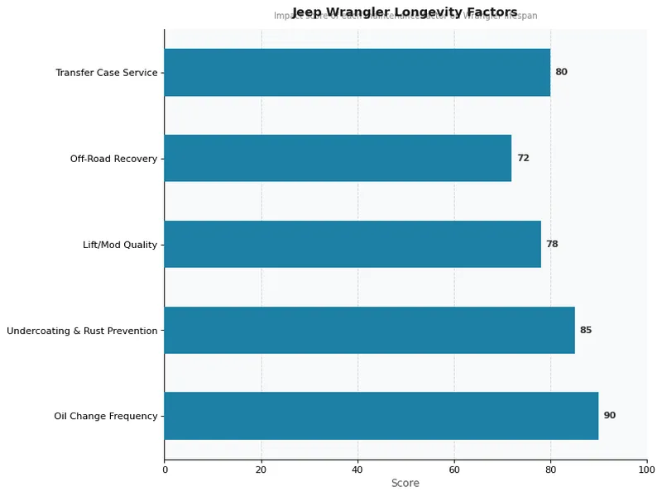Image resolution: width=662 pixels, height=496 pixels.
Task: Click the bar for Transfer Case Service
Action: pos(357,72)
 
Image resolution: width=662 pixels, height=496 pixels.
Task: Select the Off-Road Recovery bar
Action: pos(338,158)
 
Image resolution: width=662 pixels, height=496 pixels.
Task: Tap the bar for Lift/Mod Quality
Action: pos(352,244)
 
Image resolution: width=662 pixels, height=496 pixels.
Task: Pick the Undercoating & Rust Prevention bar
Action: pos(369,330)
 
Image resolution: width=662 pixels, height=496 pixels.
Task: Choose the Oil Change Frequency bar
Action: pos(381,416)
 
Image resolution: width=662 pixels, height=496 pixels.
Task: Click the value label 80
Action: pos(561,72)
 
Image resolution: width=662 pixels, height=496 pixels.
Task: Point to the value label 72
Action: pos(523,158)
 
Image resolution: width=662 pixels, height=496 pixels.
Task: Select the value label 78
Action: pos(551,244)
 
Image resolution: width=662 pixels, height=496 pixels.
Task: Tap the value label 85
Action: pos(585,330)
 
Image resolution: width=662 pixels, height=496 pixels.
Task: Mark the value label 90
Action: pos(609,416)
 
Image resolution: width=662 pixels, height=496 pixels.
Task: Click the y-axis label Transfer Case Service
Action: pos(106,73)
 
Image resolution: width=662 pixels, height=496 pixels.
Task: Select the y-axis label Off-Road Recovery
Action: pos(113,159)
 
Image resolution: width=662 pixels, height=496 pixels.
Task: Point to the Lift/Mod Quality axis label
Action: pos(120,245)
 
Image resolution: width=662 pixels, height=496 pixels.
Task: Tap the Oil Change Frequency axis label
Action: pos(106,417)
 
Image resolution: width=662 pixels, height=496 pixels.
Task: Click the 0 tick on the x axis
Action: pos(165,470)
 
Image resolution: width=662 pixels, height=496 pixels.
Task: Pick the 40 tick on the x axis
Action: pos(357,470)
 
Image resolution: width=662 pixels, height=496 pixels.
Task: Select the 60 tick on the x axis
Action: pos(454,470)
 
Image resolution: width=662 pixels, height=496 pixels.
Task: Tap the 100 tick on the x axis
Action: pos(647,470)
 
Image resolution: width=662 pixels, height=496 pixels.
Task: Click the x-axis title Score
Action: pos(405,484)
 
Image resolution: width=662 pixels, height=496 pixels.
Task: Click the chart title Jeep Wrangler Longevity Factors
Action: pos(405,12)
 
